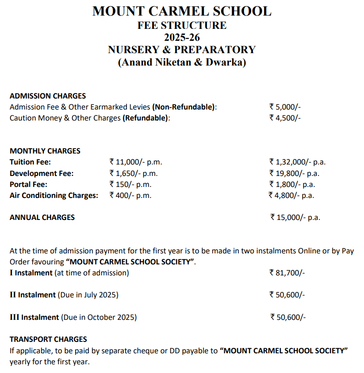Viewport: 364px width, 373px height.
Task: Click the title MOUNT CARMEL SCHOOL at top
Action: coord(182,11)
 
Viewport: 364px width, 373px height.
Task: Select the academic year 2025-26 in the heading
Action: coord(182,38)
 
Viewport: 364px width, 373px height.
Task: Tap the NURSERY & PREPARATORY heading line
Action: coord(182,50)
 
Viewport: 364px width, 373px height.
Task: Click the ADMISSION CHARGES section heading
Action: coord(48,96)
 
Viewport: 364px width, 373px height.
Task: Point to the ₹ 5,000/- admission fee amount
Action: coord(285,107)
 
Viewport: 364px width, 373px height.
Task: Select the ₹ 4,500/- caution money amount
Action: coord(285,118)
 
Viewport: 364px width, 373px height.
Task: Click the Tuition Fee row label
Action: coord(30,162)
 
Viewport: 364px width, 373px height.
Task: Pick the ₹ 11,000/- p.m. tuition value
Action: coord(136,162)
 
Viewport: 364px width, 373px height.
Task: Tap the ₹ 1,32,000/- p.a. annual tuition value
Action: coord(297,162)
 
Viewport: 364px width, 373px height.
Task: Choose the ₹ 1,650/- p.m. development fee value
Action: coord(134,173)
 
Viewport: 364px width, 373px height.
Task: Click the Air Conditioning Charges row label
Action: coord(54,195)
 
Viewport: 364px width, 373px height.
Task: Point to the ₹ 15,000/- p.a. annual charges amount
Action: coord(295,217)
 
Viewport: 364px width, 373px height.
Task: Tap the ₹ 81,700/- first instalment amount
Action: coord(287,273)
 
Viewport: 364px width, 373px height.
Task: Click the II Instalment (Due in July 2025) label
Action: coord(64,295)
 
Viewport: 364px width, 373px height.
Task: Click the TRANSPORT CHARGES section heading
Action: coord(48,340)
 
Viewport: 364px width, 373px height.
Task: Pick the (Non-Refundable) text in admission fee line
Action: coord(184,107)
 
